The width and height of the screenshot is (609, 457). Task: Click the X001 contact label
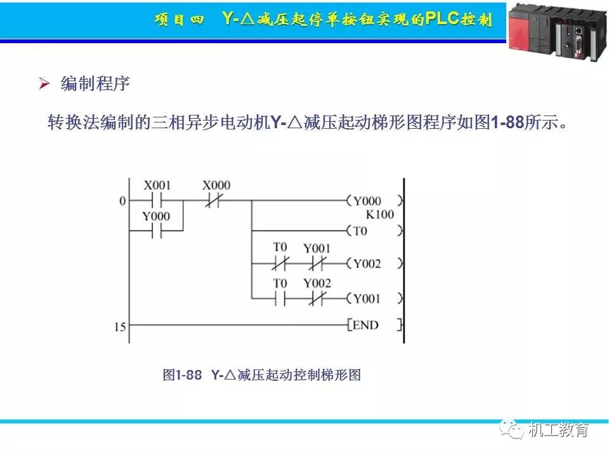click(157, 185)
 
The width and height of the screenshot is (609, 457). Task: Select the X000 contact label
click(216, 185)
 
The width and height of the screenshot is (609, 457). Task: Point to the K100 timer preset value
click(379, 215)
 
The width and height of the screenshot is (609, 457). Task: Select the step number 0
click(122, 201)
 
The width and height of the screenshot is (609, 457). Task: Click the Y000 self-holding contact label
click(156, 216)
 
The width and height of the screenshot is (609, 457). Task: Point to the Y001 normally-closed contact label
click(317, 248)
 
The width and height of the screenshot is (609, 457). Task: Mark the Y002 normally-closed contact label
click(317, 283)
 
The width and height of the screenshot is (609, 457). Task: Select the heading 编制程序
click(95, 83)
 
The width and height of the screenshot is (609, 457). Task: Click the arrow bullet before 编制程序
click(44, 83)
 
